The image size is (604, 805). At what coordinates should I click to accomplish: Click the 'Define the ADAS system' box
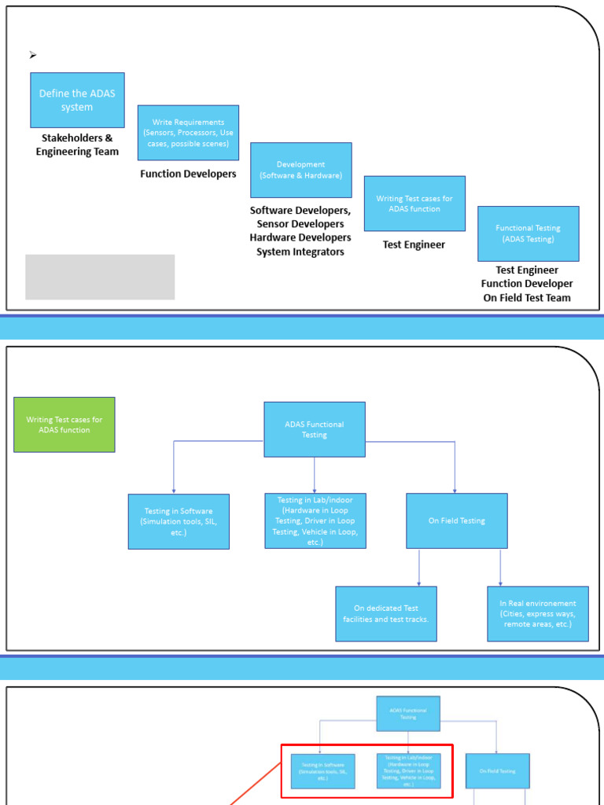coord(77,100)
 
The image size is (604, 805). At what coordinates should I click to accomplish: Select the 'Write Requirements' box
coord(188,133)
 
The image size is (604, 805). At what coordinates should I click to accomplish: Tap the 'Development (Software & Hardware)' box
coord(301,170)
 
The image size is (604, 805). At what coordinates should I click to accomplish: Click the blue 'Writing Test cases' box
coord(414,204)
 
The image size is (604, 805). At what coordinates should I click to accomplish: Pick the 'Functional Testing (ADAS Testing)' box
coord(528,233)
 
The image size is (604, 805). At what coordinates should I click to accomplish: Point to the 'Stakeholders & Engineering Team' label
coord(77,145)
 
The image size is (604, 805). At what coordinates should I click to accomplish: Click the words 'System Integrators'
coord(300,252)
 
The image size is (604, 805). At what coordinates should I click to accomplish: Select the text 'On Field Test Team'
coord(527,297)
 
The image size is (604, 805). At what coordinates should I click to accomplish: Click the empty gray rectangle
coord(100,277)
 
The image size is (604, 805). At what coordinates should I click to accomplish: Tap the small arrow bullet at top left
coord(33,55)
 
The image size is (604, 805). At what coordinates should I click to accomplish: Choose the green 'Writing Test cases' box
coord(64,425)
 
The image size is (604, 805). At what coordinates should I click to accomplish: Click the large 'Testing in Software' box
coord(179,521)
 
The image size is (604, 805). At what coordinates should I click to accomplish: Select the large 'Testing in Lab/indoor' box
coord(315,520)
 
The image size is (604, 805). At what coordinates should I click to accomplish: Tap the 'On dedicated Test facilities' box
coord(385,613)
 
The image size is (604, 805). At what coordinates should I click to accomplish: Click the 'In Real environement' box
coord(538,613)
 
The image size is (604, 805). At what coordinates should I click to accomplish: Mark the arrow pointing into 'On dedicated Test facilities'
coord(419,582)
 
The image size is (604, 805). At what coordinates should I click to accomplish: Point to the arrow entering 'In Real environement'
coord(500,582)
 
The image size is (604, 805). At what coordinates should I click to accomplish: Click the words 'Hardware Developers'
coord(300,237)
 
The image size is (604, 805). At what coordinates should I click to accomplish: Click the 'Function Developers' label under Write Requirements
coord(188,174)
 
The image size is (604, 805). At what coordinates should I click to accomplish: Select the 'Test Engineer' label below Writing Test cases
coord(414,244)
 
